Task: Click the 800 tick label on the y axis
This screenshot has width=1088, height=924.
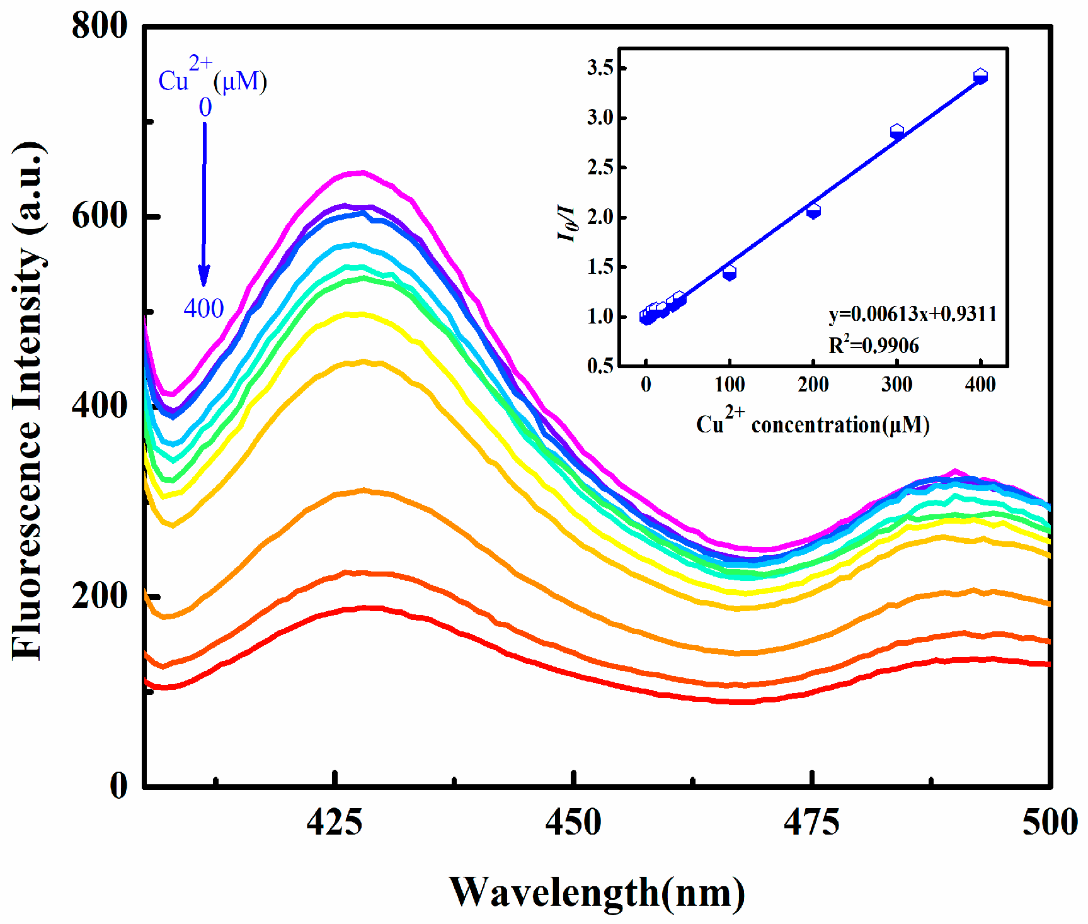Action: point(100,26)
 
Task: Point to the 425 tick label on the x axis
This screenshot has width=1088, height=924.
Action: point(335,823)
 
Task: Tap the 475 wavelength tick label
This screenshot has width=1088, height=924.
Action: point(811,823)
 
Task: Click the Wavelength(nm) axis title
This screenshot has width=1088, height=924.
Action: point(597,893)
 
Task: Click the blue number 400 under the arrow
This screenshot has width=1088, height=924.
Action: point(203,308)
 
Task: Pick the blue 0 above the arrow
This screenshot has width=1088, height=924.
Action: point(205,108)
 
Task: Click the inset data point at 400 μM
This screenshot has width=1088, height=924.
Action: point(980,77)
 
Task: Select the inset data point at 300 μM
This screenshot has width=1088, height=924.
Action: point(897,132)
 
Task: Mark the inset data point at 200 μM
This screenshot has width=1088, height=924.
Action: point(813,211)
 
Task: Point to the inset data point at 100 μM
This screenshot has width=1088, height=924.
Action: point(730,273)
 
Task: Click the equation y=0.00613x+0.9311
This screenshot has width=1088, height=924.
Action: point(912,313)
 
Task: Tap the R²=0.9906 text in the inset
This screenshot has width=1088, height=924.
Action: point(873,345)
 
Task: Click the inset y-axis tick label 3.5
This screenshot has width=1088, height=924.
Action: point(600,67)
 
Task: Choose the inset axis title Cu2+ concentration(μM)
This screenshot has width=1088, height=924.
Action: point(813,423)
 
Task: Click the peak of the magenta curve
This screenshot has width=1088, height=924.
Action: point(360,172)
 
